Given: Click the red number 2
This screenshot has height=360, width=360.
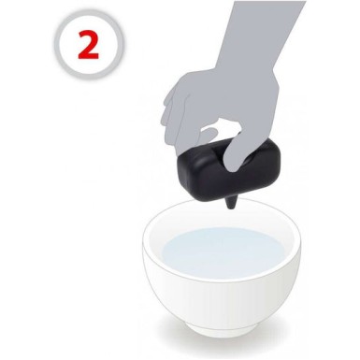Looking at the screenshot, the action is click(x=89, y=45).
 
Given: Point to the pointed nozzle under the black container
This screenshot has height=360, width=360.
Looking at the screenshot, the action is click(x=231, y=203).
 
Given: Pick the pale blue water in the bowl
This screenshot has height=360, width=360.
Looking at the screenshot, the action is click(x=223, y=252).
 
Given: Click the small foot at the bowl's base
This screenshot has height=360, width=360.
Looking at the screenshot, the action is click(x=222, y=330).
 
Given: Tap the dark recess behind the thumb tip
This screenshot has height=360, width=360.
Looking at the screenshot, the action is click(x=250, y=160).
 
